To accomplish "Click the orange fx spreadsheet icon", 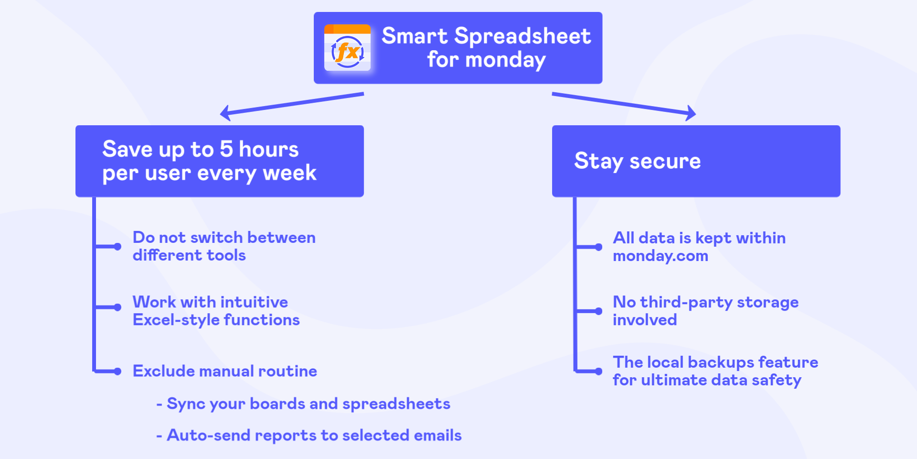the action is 347,48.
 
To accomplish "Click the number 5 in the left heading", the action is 226,149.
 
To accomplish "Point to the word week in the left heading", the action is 289,173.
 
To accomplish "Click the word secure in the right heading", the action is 665,162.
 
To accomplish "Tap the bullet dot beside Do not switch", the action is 117,247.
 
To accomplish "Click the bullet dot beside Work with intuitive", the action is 117,307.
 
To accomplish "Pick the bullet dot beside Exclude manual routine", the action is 117,372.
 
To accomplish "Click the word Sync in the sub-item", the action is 186,404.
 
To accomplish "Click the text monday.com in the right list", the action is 661,256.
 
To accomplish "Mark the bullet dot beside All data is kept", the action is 598,247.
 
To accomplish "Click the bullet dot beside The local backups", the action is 598,372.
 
